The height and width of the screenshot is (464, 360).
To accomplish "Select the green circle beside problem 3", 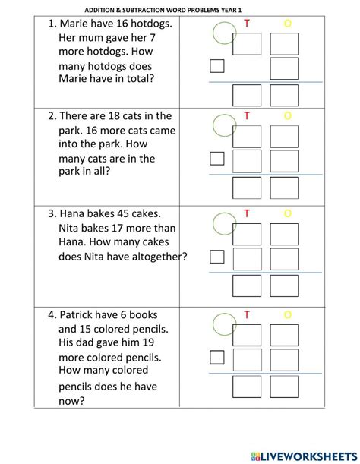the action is pos(223,222).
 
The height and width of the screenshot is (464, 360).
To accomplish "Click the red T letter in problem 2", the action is pos(247,115).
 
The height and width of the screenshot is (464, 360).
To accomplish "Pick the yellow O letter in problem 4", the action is pos(287,314).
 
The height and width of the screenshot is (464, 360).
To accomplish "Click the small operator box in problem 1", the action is pos(217,67).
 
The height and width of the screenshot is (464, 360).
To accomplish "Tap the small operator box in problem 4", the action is pos(217,357).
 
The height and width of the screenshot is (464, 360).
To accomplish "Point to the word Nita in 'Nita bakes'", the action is pos(70,227).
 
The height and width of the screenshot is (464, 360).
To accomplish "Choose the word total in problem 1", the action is pos(141,77).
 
